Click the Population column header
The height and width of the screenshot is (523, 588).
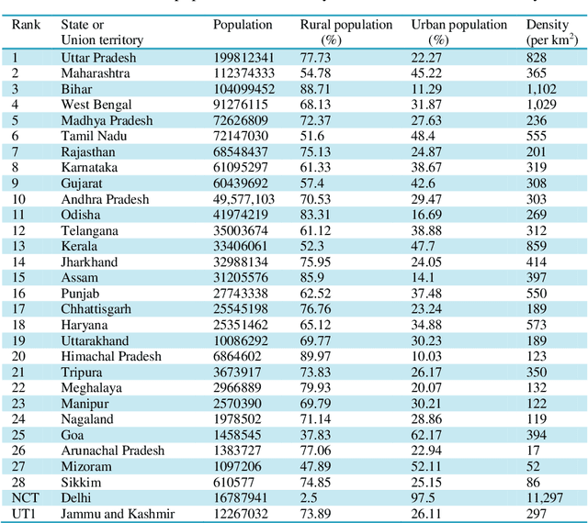(x=243, y=25)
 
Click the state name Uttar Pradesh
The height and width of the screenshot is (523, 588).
(x=98, y=57)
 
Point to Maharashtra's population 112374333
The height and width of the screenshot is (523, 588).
(x=243, y=72)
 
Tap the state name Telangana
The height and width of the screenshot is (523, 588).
(x=89, y=230)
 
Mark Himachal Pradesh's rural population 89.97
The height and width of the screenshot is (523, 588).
(x=317, y=356)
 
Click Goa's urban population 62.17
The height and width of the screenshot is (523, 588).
(x=430, y=434)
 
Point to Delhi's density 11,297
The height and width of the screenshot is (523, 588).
(x=547, y=497)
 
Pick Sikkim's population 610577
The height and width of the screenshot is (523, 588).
(x=238, y=482)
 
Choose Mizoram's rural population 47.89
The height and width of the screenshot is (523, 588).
(x=317, y=466)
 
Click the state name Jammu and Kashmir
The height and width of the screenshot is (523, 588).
(x=117, y=513)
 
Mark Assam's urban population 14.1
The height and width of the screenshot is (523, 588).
(x=425, y=277)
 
